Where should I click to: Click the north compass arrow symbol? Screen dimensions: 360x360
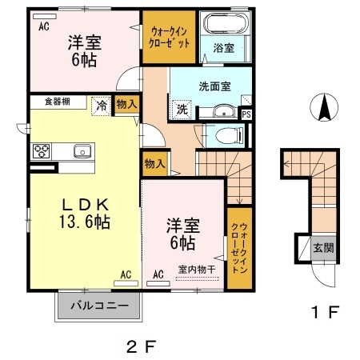[x=324, y=107]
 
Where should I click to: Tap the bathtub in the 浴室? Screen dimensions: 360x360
[x=226, y=23]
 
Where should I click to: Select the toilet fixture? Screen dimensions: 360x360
[x=229, y=135]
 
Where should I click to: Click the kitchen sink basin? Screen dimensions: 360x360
[x=82, y=151]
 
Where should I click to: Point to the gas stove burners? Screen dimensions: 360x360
[x=42, y=151]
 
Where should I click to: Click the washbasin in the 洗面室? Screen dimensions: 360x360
[x=224, y=111]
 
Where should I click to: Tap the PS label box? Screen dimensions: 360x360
[x=246, y=114]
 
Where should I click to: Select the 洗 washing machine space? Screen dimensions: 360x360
[x=182, y=109]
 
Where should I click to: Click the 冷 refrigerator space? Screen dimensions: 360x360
[x=101, y=106]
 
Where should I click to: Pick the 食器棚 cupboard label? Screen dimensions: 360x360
[x=58, y=102]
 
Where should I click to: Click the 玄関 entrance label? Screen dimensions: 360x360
[x=323, y=248]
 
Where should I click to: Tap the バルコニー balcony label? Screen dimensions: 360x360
[x=99, y=306]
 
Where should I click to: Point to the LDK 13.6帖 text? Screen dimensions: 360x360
[x=85, y=214]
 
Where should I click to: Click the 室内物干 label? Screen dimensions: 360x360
[x=197, y=270]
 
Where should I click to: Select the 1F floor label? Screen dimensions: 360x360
[x=325, y=312]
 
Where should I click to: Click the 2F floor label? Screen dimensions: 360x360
[x=141, y=346]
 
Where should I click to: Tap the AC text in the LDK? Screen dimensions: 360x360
[x=126, y=274]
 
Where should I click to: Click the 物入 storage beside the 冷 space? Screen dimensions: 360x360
[x=127, y=104]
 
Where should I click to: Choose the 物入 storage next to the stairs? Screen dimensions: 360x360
[x=155, y=164]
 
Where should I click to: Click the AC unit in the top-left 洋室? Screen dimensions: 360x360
[x=45, y=17]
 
